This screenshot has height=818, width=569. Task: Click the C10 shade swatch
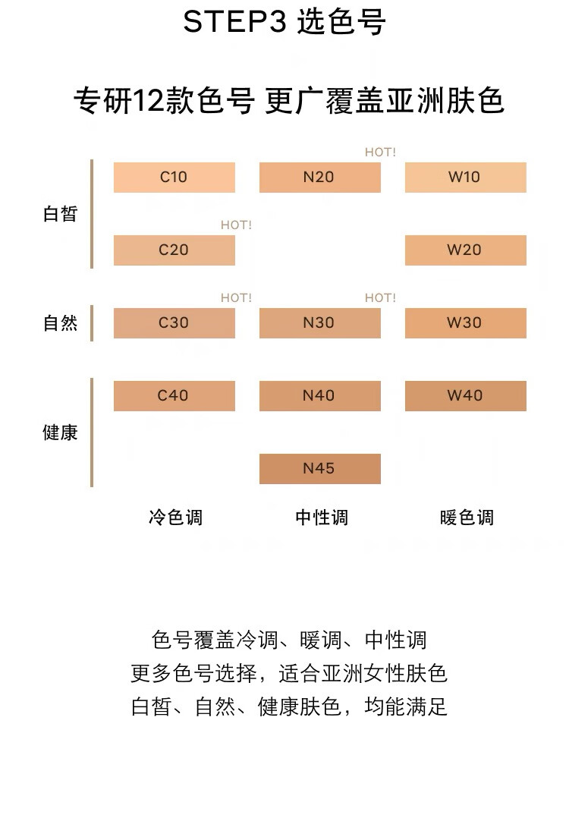tap(174, 178)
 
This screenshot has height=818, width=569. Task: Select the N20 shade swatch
tap(319, 178)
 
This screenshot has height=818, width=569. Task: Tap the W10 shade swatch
tap(465, 178)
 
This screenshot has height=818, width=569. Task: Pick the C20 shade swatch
tap(174, 250)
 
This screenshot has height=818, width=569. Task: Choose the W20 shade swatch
tap(465, 250)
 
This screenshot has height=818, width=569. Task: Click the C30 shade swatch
tap(174, 323)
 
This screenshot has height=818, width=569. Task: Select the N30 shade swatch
tap(319, 323)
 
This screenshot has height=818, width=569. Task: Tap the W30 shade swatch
tap(465, 323)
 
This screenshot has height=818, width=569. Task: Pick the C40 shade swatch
tap(174, 396)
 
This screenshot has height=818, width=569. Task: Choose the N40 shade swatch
tap(319, 396)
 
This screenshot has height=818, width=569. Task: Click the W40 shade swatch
tap(465, 396)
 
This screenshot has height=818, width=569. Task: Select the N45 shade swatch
tap(319, 469)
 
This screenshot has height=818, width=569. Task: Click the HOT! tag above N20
tap(380, 153)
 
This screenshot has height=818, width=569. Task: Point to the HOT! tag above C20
tap(236, 225)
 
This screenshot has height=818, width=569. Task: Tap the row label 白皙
tap(60, 214)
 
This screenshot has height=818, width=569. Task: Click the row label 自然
tap(60, 323)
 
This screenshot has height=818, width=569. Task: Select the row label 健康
tap(60, 433)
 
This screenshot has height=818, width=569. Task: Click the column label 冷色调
tap(175, 518)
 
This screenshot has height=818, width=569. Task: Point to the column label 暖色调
tap(467, 518)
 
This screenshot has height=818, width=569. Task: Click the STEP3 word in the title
tap(234, 23)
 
